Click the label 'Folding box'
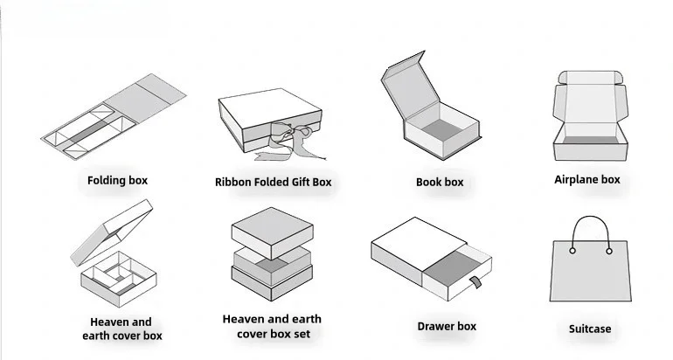[117, 181]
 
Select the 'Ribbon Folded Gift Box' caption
[274, 183]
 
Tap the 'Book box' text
[440, 183]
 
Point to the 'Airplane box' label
[586, 180]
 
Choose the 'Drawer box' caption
[447, 326]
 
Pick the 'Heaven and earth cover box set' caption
[273, 327]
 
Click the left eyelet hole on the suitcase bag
[572, 251]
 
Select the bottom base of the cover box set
[272, 289]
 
